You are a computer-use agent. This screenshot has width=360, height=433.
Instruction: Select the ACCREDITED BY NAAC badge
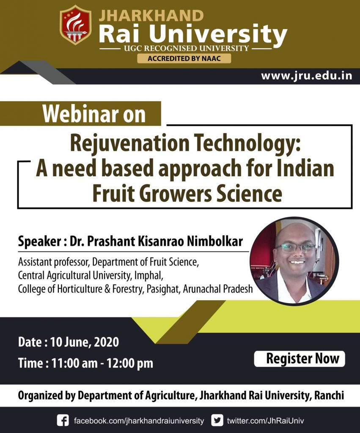click(184, 58)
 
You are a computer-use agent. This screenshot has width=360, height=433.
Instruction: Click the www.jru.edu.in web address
click(306, 76)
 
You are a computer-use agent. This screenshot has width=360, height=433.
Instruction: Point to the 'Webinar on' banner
click(94, 113)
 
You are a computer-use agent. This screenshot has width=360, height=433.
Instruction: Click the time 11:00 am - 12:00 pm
click(102, 363)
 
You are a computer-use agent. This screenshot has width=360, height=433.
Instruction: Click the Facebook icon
click(63, 420)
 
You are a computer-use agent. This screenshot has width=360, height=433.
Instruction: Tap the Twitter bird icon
click(217, 420)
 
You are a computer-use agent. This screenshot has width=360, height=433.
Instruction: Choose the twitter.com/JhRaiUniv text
click(265, 421)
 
